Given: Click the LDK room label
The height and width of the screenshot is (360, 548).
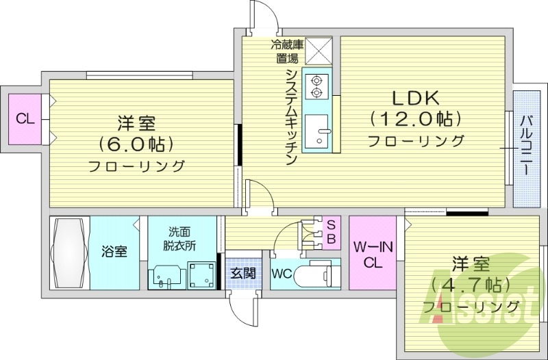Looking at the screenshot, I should (x=415, y=98).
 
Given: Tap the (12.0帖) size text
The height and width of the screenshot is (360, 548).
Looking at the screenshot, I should (x=415, y=119).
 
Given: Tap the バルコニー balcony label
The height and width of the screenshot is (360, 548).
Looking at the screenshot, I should (x=526, y=147).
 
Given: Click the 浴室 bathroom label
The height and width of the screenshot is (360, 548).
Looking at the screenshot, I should (x=114, y=252).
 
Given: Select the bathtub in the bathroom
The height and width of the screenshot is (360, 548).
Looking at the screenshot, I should (x=69, y=253).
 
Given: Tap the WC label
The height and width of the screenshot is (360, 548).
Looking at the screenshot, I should (x=283, y=274).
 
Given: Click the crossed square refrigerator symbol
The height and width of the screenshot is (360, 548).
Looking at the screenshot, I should (x=318, y=51).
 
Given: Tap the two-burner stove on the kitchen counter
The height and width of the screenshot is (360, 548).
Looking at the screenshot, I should (x=316, y=84).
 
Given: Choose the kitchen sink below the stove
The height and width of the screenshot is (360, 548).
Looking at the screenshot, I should (x=317, y=131).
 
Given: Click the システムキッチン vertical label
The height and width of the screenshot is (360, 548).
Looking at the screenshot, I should (x=290, y=116).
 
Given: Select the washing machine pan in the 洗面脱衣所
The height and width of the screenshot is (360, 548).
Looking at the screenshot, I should (x=201, y=275).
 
